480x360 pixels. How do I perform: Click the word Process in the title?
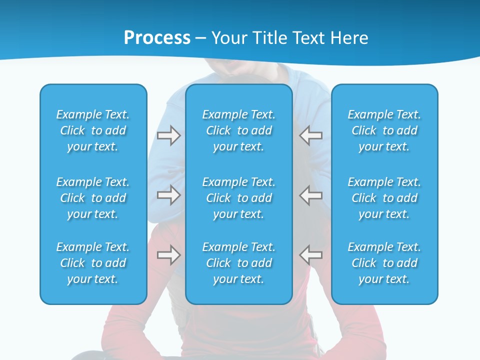coord(157,37)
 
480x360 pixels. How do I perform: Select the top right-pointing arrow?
coord(168,135)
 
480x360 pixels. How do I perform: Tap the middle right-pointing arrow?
coord(168,195)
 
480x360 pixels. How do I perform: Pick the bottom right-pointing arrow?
coord(168,255)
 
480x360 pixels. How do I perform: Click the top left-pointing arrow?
coord(311,135)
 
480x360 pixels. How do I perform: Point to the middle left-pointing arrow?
coord(311,195)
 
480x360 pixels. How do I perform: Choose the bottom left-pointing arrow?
coord(311,255)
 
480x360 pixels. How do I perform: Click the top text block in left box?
coord(93,130)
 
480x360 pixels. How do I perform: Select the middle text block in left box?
coord(93,198)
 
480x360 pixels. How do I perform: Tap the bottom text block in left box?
coord(93,263)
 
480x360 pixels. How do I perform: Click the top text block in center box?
coord(238,130)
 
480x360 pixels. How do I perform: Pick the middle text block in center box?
coord(238,198)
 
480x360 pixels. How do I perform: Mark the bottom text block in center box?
coord(238,263)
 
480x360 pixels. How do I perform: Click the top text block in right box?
coord(384,130)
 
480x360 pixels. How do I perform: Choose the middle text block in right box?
coord(384,198)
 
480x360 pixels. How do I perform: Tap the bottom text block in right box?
coord(384,263)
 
